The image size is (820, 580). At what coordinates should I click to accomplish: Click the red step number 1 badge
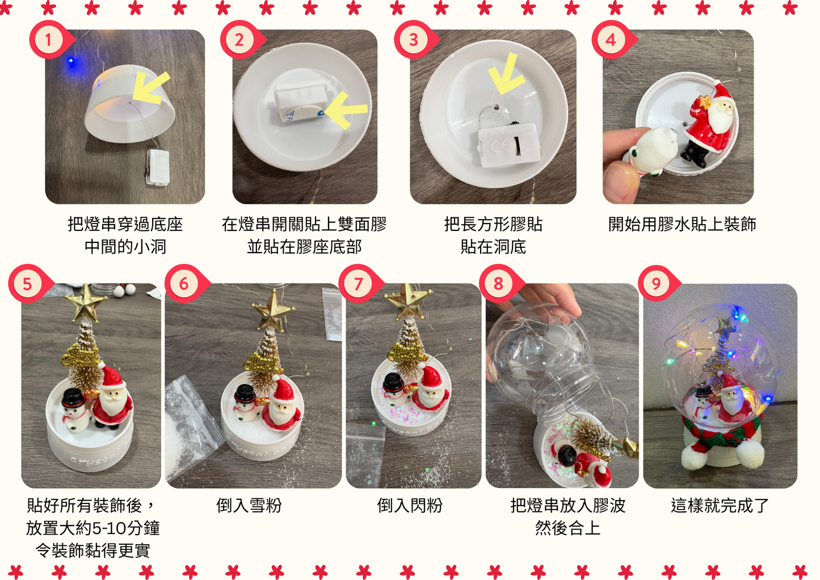pos(48,40)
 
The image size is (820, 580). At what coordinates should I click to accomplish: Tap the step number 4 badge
pos(611,40)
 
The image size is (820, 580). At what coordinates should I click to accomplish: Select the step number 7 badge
pos(358,283)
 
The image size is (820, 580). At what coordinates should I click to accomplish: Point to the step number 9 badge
pos(656,283)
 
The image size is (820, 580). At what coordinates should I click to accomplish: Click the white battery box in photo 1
pos(157,166)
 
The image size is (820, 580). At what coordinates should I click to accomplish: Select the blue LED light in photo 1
pos(71,60)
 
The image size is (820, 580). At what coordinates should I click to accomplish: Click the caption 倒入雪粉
pos(249,505)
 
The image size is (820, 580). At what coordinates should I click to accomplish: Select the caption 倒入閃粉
pos(410,505)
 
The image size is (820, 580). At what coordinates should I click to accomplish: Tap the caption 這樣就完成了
pos(720,505)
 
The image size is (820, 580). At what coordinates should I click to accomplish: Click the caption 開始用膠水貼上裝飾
pos(682,224)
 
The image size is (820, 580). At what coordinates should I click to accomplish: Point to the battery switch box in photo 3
pos(507,145)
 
